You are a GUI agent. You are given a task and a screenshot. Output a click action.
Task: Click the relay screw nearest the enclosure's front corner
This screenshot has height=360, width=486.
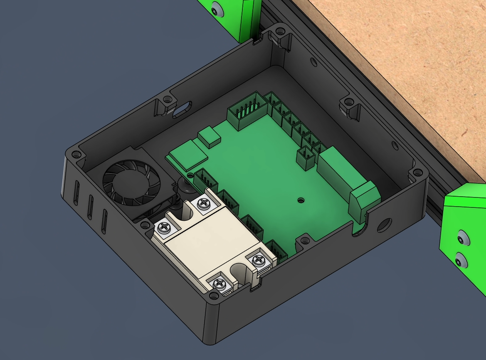(219, 284)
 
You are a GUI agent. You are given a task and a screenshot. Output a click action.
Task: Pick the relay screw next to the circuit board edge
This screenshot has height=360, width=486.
(259, 260)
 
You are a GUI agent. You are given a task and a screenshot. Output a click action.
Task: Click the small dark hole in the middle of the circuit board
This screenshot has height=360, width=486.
(301, 200)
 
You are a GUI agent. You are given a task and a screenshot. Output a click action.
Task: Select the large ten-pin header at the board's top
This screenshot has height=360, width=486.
(247, 110)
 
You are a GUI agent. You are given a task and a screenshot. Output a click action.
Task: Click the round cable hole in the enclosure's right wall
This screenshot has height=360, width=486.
(382, 224)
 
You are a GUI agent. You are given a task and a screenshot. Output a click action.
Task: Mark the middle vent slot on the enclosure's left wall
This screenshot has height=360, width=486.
(91, 207)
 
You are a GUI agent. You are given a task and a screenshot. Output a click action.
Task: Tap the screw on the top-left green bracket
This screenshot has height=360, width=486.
(215, 8)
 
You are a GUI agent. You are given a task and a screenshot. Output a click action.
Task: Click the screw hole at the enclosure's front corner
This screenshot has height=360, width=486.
(213, 295)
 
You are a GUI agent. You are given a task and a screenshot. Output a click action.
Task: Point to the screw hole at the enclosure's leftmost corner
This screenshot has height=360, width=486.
(75, 155)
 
